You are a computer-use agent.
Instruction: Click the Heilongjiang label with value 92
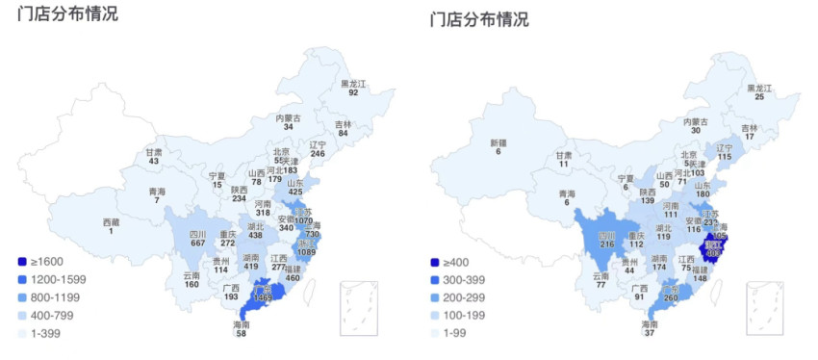[x=353, y=88]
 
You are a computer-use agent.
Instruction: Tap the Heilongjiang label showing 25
[x=759, y=91]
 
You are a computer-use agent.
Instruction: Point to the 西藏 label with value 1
[x=111, y=226]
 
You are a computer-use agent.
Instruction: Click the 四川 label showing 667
[x=197, y=238]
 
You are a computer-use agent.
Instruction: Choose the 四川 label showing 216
[x=607, y=239]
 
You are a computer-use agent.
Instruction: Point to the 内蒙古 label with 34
[x=288, y=122]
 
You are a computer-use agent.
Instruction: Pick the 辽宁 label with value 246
[x=318, y=148]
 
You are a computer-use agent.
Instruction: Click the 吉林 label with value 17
[x=749, y=132]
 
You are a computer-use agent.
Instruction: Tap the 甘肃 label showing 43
[x=154, y=156]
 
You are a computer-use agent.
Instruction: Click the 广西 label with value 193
[x=231, y=292]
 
